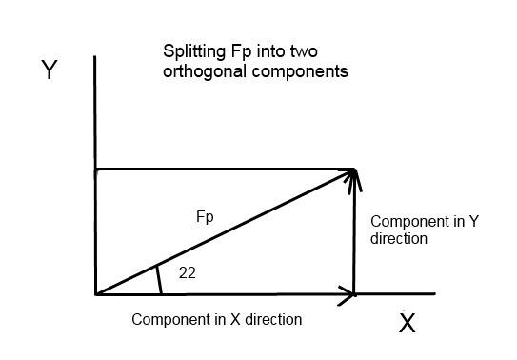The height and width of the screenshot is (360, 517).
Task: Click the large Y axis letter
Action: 50,70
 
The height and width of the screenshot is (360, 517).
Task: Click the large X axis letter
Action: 408,323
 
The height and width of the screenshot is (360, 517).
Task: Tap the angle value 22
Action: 188,273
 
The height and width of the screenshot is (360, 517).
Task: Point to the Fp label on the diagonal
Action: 205,217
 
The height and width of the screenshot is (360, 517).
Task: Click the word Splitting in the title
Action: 194,52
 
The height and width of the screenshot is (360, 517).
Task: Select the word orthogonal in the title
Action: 205,71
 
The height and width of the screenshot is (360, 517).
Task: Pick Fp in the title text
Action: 241,52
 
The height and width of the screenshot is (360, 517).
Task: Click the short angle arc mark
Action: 159,280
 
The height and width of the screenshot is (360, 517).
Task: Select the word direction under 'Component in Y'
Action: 399,239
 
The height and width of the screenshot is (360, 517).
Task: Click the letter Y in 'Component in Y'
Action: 474,221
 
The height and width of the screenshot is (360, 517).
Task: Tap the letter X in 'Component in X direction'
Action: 235,319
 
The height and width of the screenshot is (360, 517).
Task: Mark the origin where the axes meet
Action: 95,294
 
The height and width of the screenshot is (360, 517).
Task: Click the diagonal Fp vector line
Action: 225,231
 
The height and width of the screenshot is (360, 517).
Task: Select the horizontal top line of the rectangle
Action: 225,170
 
